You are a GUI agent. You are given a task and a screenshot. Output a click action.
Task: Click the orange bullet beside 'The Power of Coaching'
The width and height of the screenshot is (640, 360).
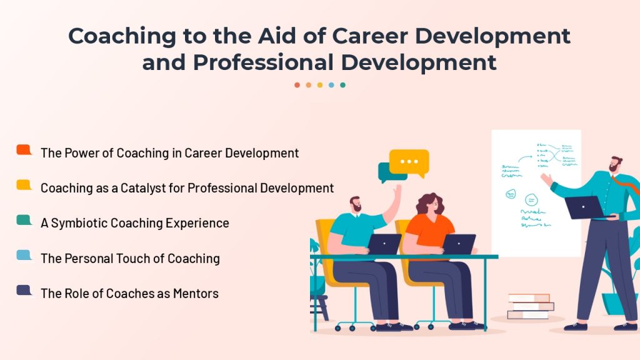point(24,150)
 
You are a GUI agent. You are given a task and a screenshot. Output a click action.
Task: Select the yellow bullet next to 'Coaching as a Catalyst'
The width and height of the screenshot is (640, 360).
point(24,185)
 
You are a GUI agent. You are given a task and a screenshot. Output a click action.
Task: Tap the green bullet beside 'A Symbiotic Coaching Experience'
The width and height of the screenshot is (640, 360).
point(24,220)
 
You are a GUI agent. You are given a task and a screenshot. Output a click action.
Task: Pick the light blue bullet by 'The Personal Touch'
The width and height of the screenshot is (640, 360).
point(24,255)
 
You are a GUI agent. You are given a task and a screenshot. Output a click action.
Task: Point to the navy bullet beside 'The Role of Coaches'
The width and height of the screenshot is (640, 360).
point(24,290)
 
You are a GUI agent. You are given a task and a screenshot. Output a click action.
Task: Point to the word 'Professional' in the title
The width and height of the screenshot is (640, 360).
point(263,62)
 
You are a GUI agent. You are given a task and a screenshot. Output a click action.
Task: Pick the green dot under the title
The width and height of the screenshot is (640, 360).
point(343,85)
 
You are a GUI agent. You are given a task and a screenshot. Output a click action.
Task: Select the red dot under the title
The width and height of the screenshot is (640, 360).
point(297,85)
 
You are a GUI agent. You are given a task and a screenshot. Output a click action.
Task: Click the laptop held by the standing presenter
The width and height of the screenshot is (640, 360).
point(584,207)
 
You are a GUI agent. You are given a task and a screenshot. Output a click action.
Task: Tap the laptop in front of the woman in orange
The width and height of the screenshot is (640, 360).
point(459,244)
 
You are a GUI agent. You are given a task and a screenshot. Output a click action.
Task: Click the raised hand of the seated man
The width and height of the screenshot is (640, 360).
point(397,190)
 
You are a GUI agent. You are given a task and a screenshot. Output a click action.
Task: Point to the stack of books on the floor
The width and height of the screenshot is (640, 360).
point(530,306)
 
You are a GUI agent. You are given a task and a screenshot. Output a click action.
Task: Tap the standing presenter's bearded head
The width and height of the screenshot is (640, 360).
point(616,164)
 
